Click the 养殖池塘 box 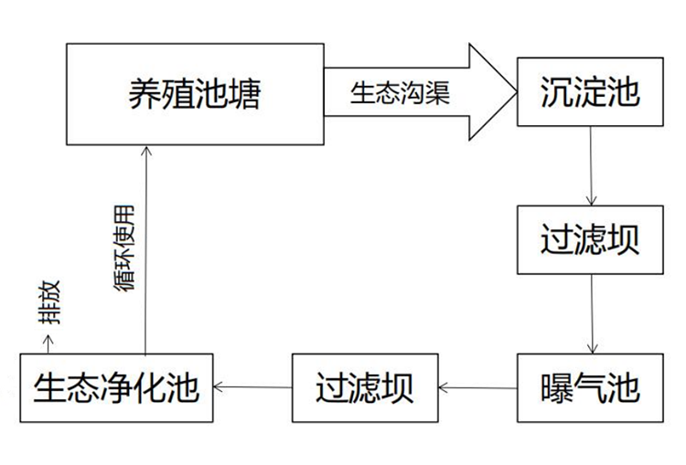point(194,94)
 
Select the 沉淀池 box point(590,92)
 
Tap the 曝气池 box point(590,388)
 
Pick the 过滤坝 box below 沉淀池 point(590,239)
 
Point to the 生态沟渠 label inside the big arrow point(400,94)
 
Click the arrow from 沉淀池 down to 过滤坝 point(592,165)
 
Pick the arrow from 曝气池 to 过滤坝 point(476,388)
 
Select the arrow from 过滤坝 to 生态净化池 point(252,388)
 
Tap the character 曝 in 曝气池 point(556,388)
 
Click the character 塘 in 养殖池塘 point(244,94)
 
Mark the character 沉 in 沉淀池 point(557,92)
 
